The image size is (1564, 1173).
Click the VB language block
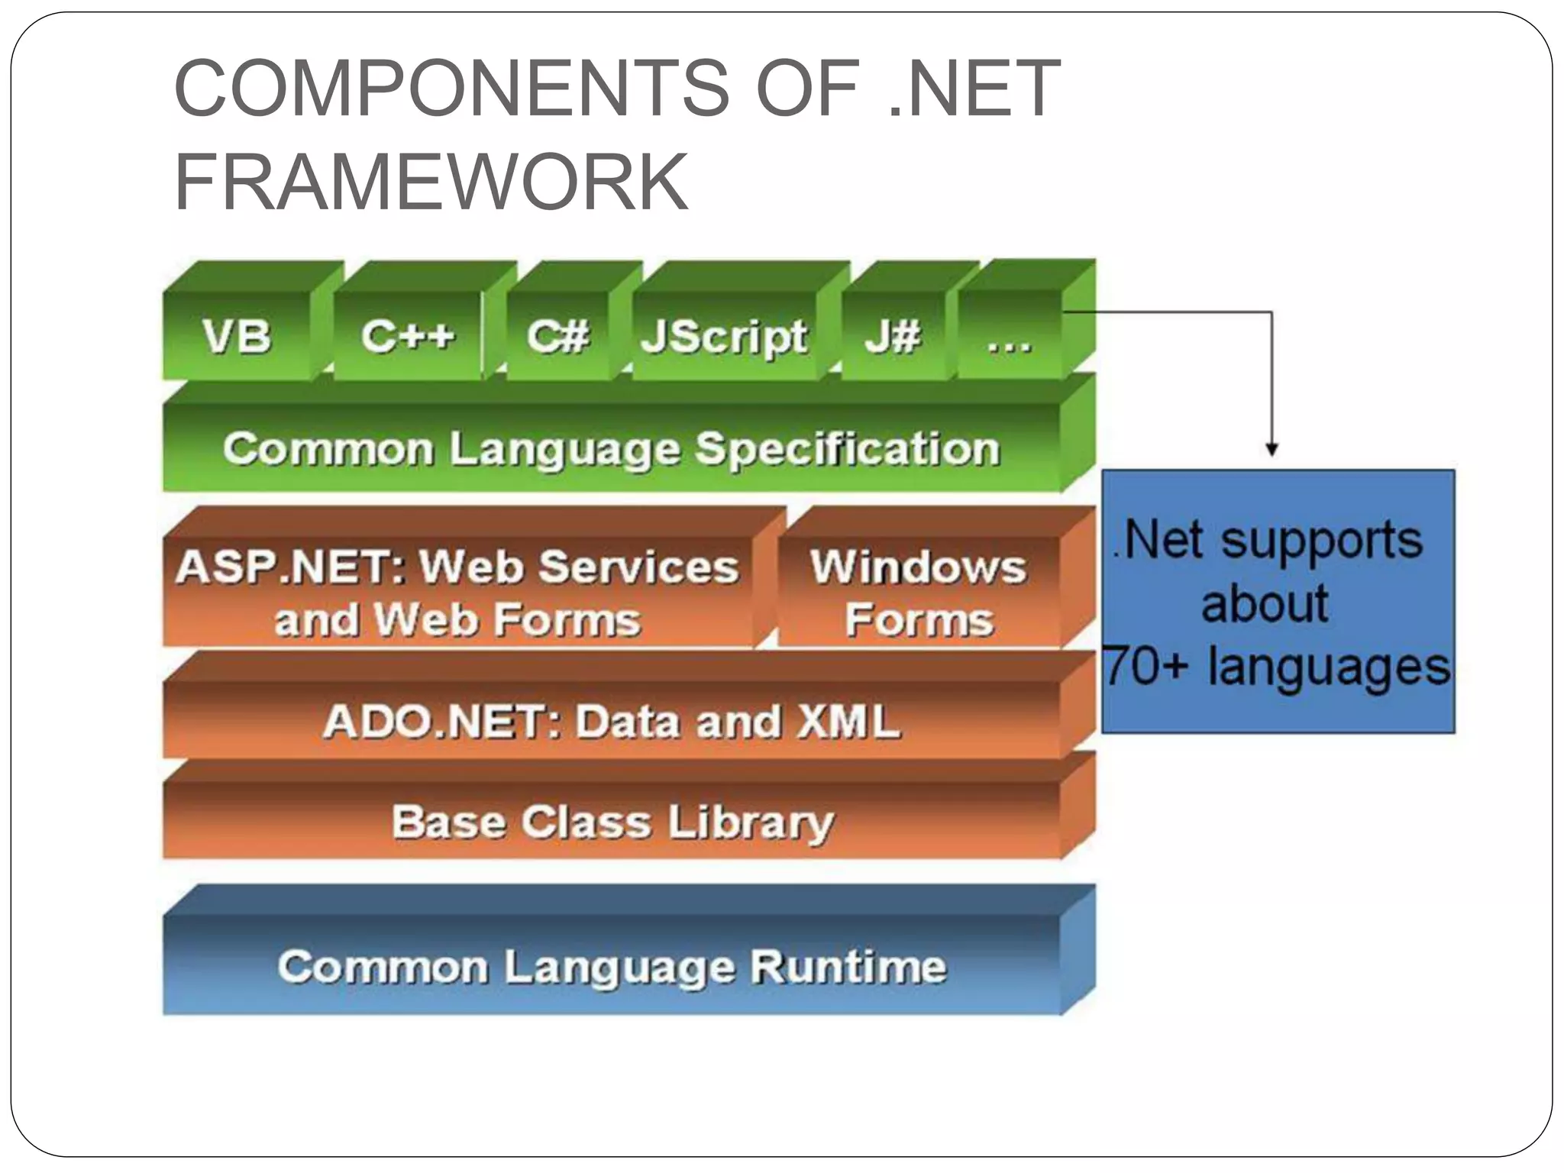coord(237,336)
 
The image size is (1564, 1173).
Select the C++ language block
coord(408,336)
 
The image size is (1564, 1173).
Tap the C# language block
coord(558,336)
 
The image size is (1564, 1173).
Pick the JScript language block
coord(724,336)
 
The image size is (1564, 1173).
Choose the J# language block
coord(893,336)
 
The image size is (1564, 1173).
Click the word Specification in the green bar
coord(847,448)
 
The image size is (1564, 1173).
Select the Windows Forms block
coord(919,593)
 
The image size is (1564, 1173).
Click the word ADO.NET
coord(441,722)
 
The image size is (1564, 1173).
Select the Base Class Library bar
coord(612,822)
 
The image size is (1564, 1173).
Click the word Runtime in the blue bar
coord(848,967)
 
